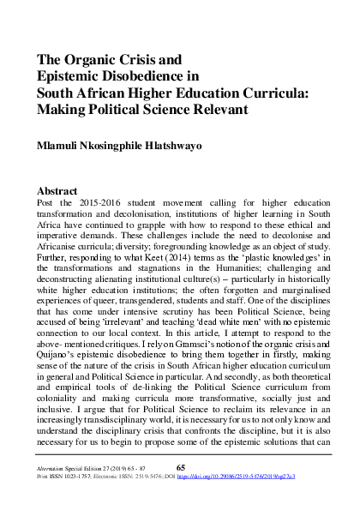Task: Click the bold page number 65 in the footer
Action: click(180, 491)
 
